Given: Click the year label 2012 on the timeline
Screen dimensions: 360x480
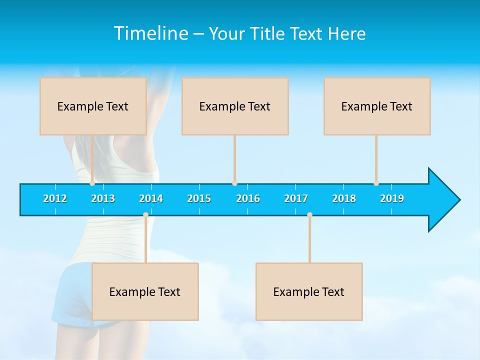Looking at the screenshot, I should coord(55,198).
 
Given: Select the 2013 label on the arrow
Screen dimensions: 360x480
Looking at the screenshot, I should coord(103,198).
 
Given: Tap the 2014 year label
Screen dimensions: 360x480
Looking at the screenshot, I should coord(151,198).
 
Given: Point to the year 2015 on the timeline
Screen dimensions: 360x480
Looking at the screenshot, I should coord(199,198).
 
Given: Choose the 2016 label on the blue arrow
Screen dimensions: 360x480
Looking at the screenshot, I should coord(248,198).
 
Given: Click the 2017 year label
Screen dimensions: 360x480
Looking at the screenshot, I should coord(296,198).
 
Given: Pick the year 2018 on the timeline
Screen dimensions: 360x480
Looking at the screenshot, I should coord(344,198).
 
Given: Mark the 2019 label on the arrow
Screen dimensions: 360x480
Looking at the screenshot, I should coord(392,198).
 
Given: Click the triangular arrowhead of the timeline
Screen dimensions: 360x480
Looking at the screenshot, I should coord(443,200).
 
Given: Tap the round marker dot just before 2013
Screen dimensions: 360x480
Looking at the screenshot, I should coord(92,183).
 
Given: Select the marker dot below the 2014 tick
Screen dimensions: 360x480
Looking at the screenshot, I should coord(145,215).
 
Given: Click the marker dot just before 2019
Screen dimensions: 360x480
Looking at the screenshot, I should coord(376,183).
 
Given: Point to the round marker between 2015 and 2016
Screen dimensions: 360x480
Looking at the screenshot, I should coord(234,183).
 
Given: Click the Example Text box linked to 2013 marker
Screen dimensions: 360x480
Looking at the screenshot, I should coord(93,106).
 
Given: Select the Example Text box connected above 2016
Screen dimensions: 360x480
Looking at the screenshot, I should coord(235,106).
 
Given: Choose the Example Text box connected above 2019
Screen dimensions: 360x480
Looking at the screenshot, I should coord(377,106).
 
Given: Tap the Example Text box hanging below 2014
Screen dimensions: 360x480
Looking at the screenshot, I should coord(145,291).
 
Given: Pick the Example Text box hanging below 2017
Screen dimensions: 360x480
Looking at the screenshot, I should coord(309,291).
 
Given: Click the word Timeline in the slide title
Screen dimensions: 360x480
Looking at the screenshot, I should coord(150,33).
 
